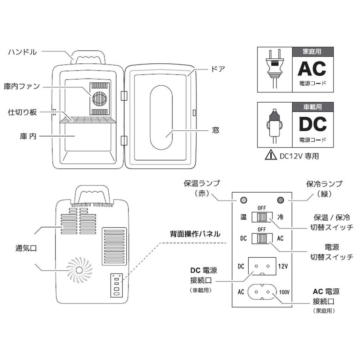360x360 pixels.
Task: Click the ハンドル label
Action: click(22, 52)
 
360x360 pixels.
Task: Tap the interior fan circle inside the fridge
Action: click(99, 98)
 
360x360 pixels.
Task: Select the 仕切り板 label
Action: click(22, 112)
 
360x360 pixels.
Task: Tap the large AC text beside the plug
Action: click(311, 68)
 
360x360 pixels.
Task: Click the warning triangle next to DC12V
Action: click(269, 156)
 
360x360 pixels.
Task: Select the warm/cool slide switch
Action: click(262, 217)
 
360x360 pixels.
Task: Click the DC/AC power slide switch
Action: click(262, 239)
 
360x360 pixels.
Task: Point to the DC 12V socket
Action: click(262, 267)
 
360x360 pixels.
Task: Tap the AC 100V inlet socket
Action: click(262, 292)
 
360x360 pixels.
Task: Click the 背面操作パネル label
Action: click(195, 234)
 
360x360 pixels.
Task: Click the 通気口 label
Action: click(26, 248)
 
